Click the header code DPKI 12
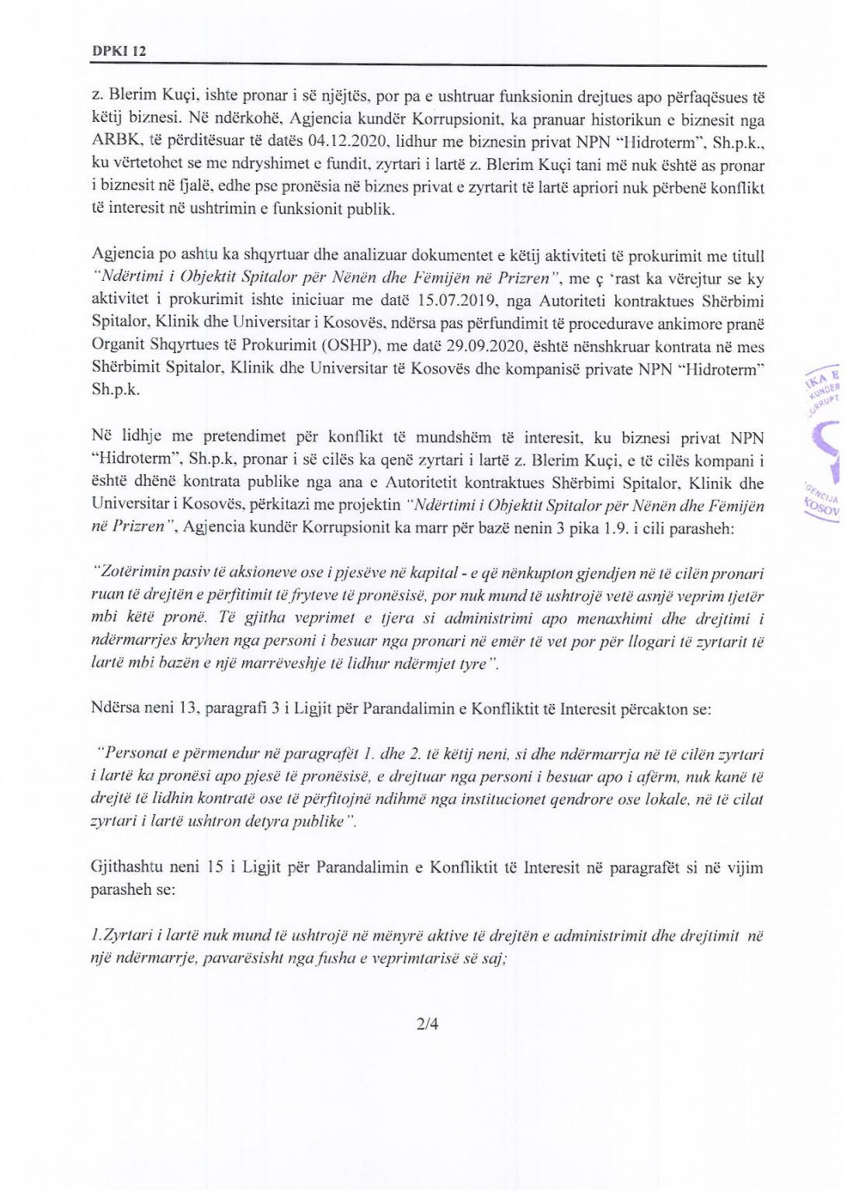119,51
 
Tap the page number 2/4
428,1024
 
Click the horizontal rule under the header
428,65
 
